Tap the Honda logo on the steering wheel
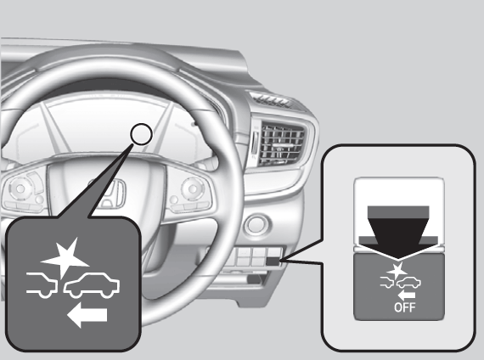(x=109, y=194)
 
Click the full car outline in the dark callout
(x=92, y=285)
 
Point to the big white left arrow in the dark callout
(x=87, y=315)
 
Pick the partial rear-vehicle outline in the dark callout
(x=42, y=285)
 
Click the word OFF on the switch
(x=404, y=307)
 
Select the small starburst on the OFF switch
(x=397, y=271)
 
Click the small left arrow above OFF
(x=406, y=295)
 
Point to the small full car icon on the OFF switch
(x=408, y=283)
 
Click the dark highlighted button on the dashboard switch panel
(x=273, y=262)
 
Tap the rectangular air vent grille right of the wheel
(x=282, y=143)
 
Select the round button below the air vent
(x=256, y=224)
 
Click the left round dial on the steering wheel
(x=20, y=188)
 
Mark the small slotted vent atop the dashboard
(x=271, y=99)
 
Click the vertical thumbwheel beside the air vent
(x=254, y=143)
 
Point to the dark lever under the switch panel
(x=256, y=279)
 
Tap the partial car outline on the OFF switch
(x=387, y=283)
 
